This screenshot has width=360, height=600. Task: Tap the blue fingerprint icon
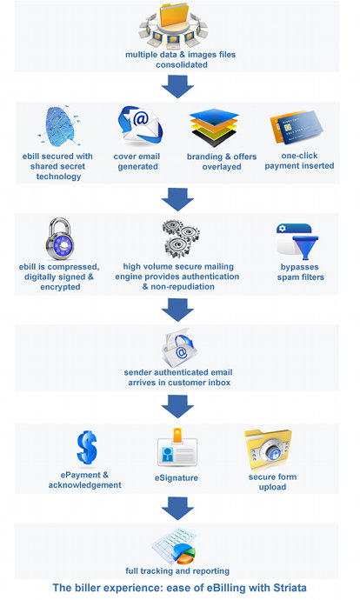click(60, 126)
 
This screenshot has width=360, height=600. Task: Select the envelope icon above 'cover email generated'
click(140, 125)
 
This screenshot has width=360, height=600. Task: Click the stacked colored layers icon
click(214, 128)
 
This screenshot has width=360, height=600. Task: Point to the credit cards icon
click(297, 127)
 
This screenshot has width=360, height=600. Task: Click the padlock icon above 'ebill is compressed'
click(60, 238)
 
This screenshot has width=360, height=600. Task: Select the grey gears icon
click(181, 239)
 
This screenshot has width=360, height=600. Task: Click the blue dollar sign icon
click(87, 448)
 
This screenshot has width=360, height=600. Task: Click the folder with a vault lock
click(269, 450)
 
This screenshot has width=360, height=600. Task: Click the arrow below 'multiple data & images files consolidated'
click(177, 86)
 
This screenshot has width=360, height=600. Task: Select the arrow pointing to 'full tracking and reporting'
click(177, 509)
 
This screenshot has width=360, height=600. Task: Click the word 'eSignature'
click(177, 478)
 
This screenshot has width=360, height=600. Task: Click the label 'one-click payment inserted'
click(299, 161)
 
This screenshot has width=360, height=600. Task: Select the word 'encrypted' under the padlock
click(61, 287)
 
